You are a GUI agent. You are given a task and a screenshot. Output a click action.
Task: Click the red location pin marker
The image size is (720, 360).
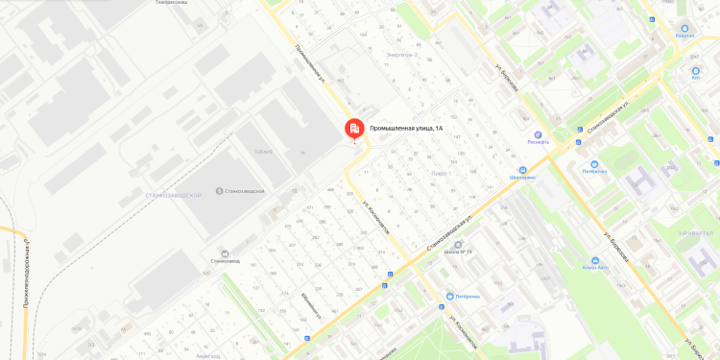(x=354, y=129)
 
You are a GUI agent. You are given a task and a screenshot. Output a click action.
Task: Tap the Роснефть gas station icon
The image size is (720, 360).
(x=539, y=135)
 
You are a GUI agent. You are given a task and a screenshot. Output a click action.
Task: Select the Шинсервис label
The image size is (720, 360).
(x=522, y=178)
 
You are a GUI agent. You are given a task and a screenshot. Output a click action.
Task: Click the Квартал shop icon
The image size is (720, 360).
(x=684, y=28)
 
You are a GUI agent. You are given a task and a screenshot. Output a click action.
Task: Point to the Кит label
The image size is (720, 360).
(x=696, y=78)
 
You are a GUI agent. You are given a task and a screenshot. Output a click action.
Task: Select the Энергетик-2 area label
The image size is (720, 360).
(x=401, y=55)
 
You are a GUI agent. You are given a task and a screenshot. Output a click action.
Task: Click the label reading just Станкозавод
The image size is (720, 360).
(x=224, y=260)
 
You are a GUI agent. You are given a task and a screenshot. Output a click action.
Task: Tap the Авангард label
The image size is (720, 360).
(x=208, y=354)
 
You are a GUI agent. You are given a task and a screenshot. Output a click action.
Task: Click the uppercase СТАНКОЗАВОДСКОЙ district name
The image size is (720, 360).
(x=169, y=194)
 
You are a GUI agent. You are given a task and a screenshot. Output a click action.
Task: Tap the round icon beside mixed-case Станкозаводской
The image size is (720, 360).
(x=220, y=191)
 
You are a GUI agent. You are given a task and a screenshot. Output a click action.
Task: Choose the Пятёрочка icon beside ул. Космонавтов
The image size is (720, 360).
(x=450, y=296)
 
